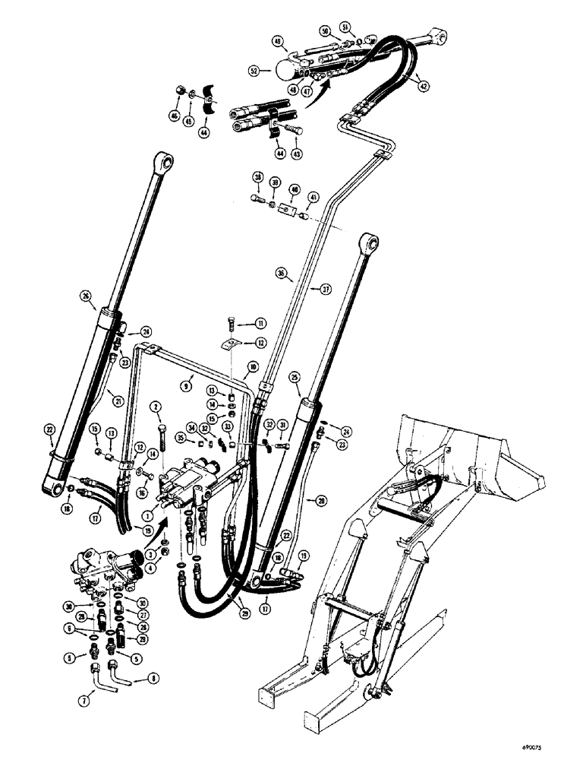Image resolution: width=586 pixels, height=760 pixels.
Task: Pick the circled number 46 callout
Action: pos(174,116)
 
